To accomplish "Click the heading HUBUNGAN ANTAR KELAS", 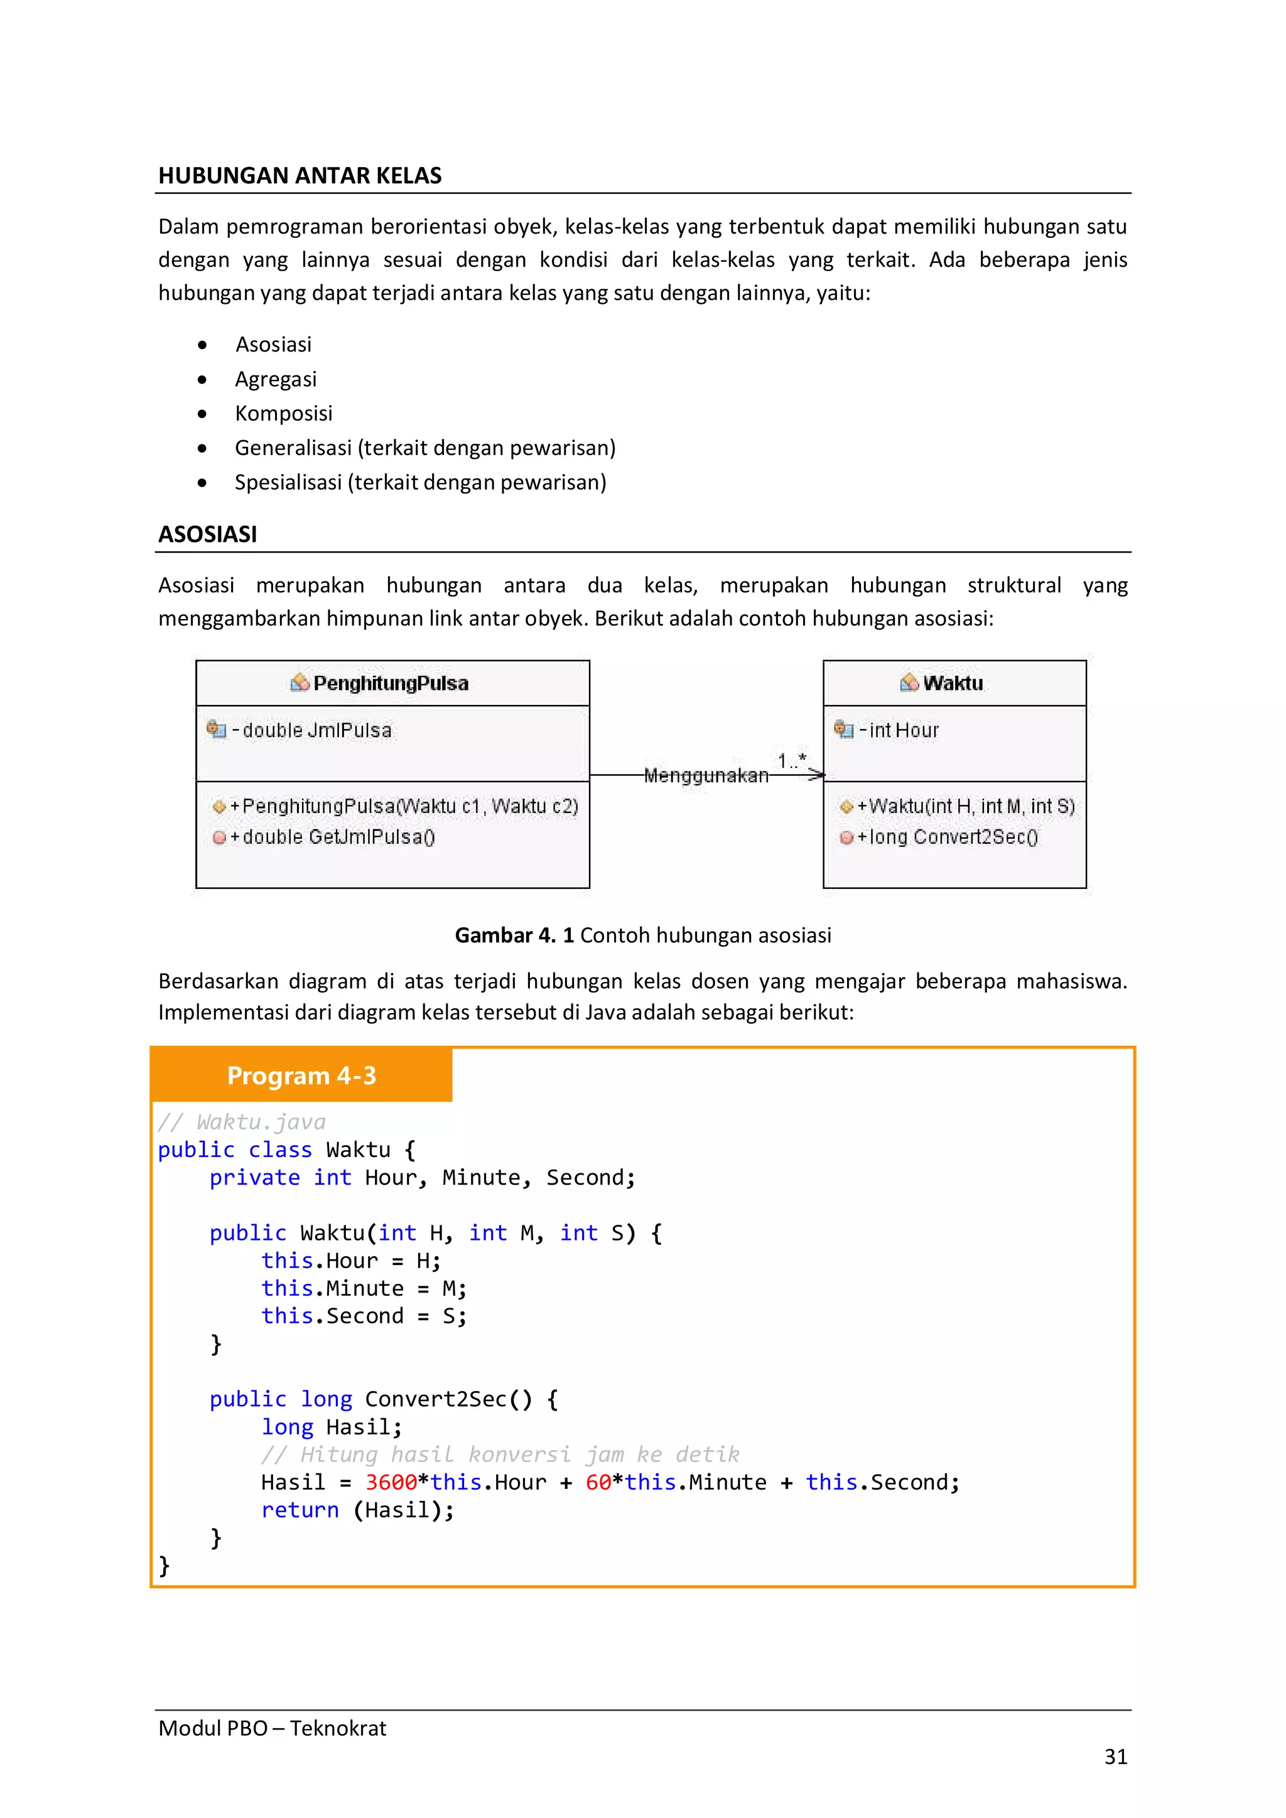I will coord(300,175).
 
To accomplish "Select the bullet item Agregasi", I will coord(276,379).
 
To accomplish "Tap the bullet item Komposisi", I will coord(283,413).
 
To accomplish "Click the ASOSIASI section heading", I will coord(207,534).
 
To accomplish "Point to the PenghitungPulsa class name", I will coord(391,684).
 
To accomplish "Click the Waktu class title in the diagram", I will coord(953,684).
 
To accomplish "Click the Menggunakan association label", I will coord(706,776).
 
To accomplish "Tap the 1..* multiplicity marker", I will coord(791,761).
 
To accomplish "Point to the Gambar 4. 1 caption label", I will coord(514,935).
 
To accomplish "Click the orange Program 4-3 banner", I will coord(301,1075).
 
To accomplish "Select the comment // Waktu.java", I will coord(242,1122).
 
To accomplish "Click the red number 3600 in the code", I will coord(391,1482).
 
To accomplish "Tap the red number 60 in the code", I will coord(598,1482).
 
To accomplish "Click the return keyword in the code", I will coord(300,1510).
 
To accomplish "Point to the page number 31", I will coord(1115,1756).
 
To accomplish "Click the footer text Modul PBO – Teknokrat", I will coord(272,1728).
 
